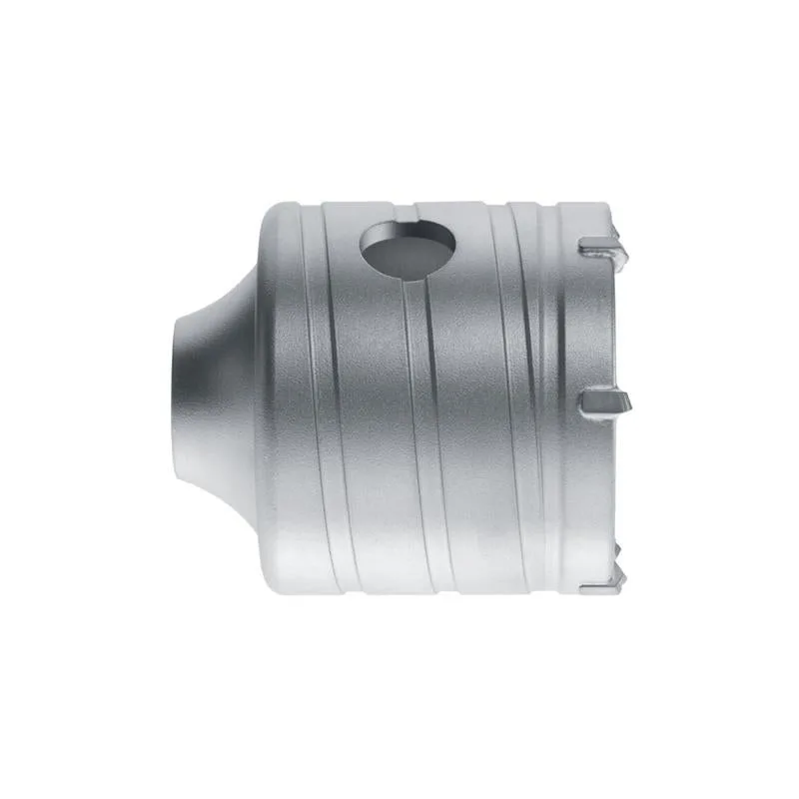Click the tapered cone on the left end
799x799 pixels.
click(x=215, y=399)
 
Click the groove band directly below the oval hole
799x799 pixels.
click(x=415, y=399)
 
